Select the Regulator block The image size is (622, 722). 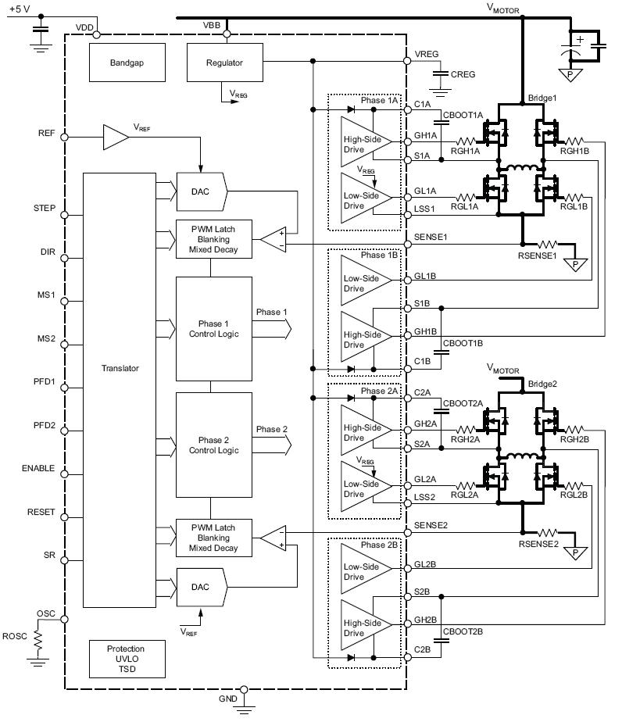224,63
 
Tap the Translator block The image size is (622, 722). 120,368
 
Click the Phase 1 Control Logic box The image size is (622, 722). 213,329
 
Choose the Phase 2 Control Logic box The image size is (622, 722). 213,445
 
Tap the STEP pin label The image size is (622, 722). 44,209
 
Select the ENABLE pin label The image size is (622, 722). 38,469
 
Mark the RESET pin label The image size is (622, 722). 41,513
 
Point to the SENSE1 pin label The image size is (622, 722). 431,236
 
